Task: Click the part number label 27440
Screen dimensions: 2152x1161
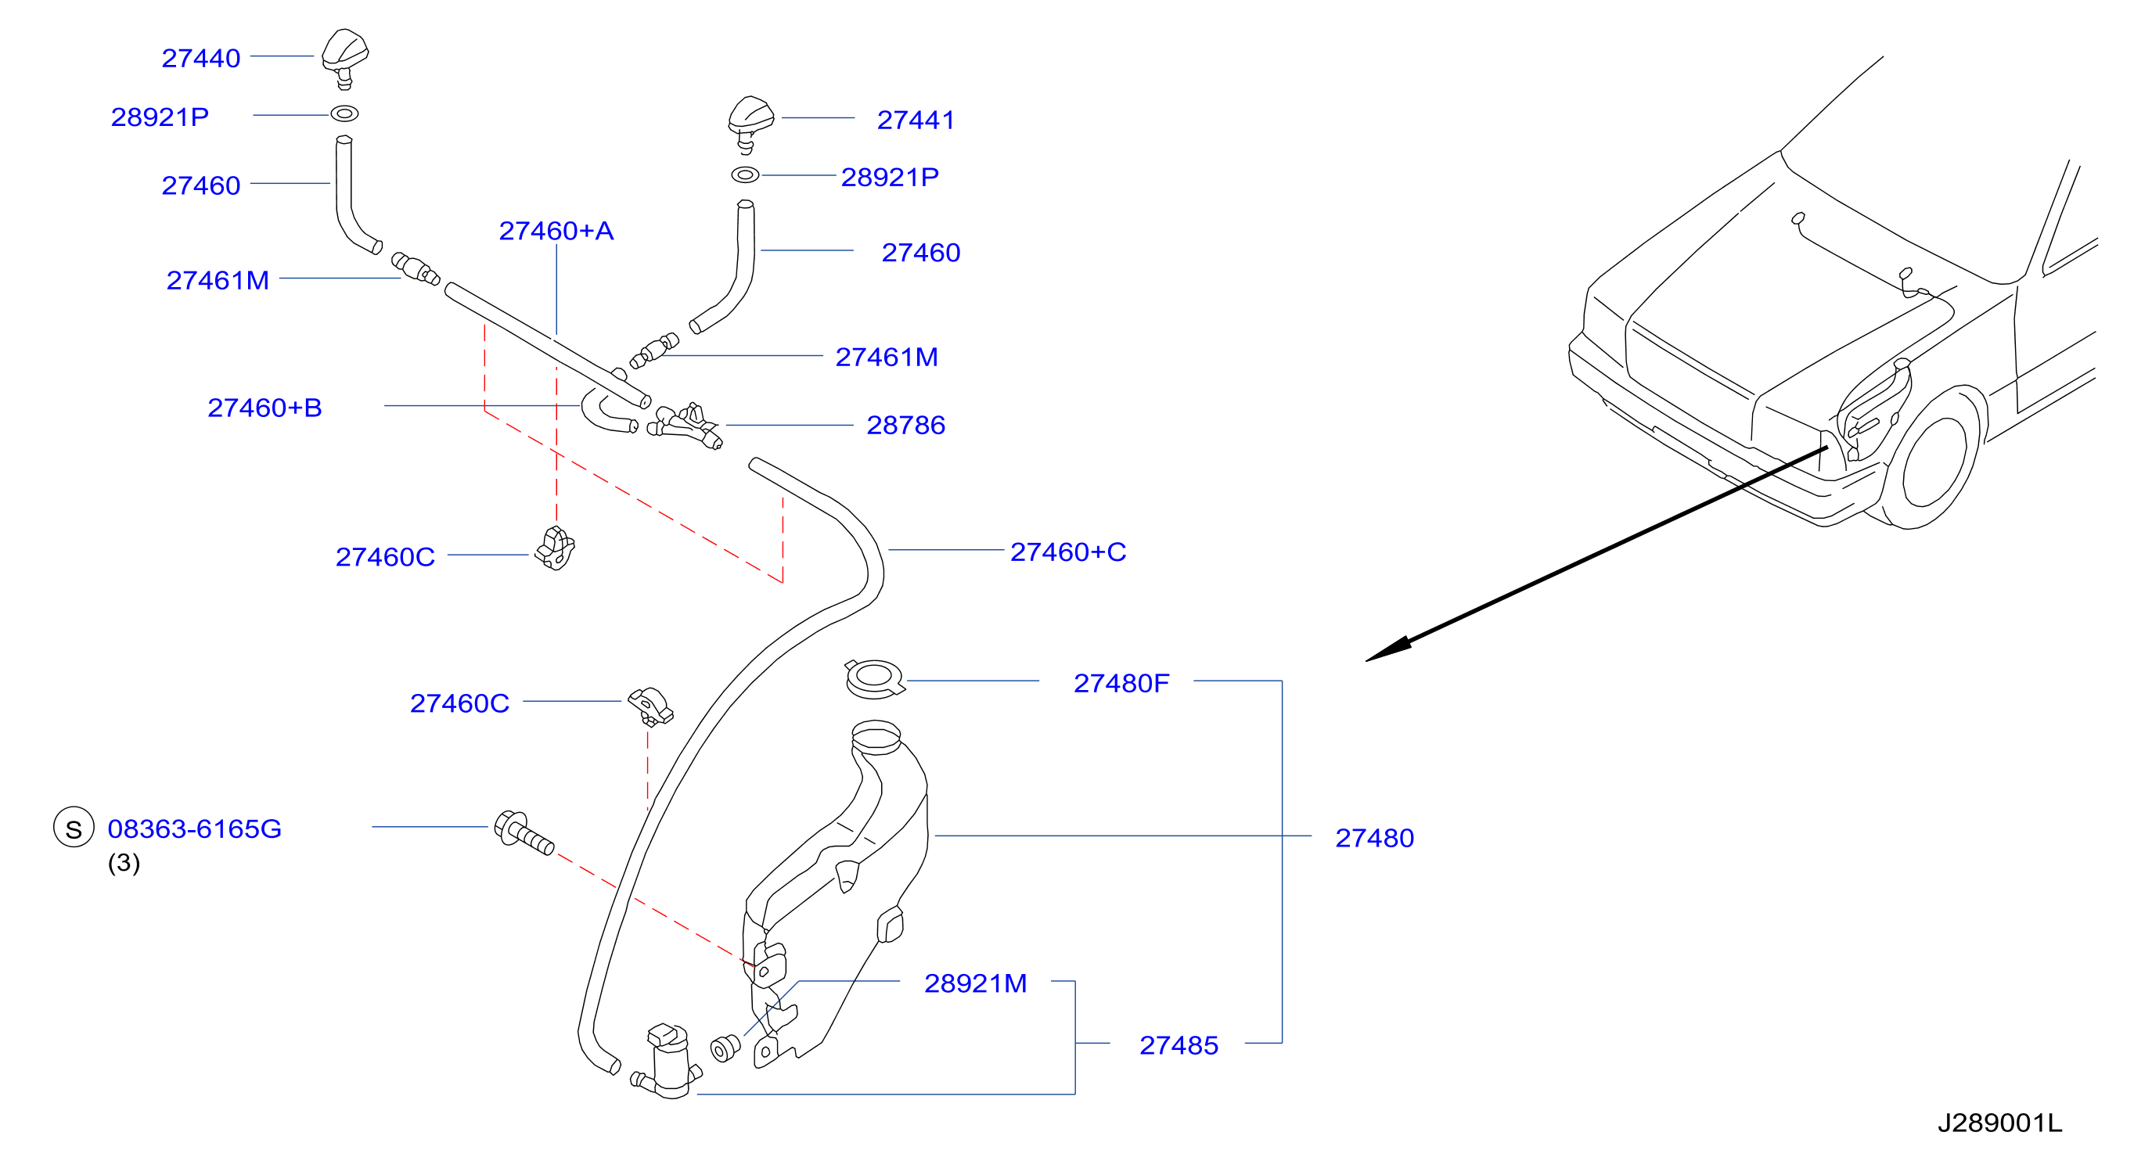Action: tap(200, 59)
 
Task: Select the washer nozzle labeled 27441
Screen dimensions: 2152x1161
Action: tap(750, 124)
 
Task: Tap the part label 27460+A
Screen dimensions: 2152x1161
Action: tap(556, 231)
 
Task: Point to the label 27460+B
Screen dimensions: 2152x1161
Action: tap(265, 408)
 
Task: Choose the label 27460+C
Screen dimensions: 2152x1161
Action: tap(1068, 552)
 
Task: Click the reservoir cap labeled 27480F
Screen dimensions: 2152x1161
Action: tap(874, 678)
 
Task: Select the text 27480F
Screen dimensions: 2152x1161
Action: tap(1121, 683)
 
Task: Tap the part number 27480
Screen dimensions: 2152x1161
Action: tap(1374, 838)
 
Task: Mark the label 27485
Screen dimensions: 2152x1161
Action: tap(1179, 1045)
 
